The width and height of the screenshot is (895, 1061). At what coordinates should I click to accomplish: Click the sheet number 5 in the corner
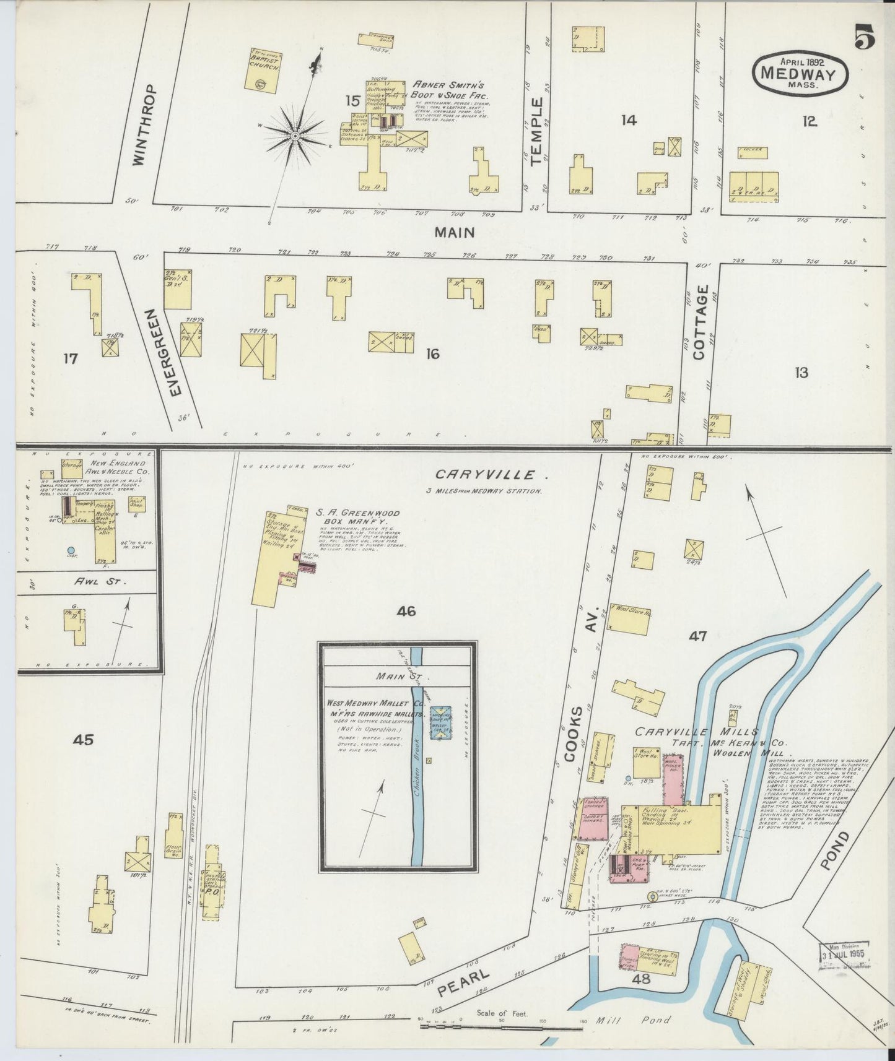(864, 39)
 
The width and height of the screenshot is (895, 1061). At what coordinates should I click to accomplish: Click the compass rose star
(296, 135)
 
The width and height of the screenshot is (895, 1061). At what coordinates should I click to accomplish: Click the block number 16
(432, 354)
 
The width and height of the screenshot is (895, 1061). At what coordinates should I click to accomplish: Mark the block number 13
(801, 373)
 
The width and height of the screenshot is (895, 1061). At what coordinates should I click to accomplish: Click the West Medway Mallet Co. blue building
(441, 722)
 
